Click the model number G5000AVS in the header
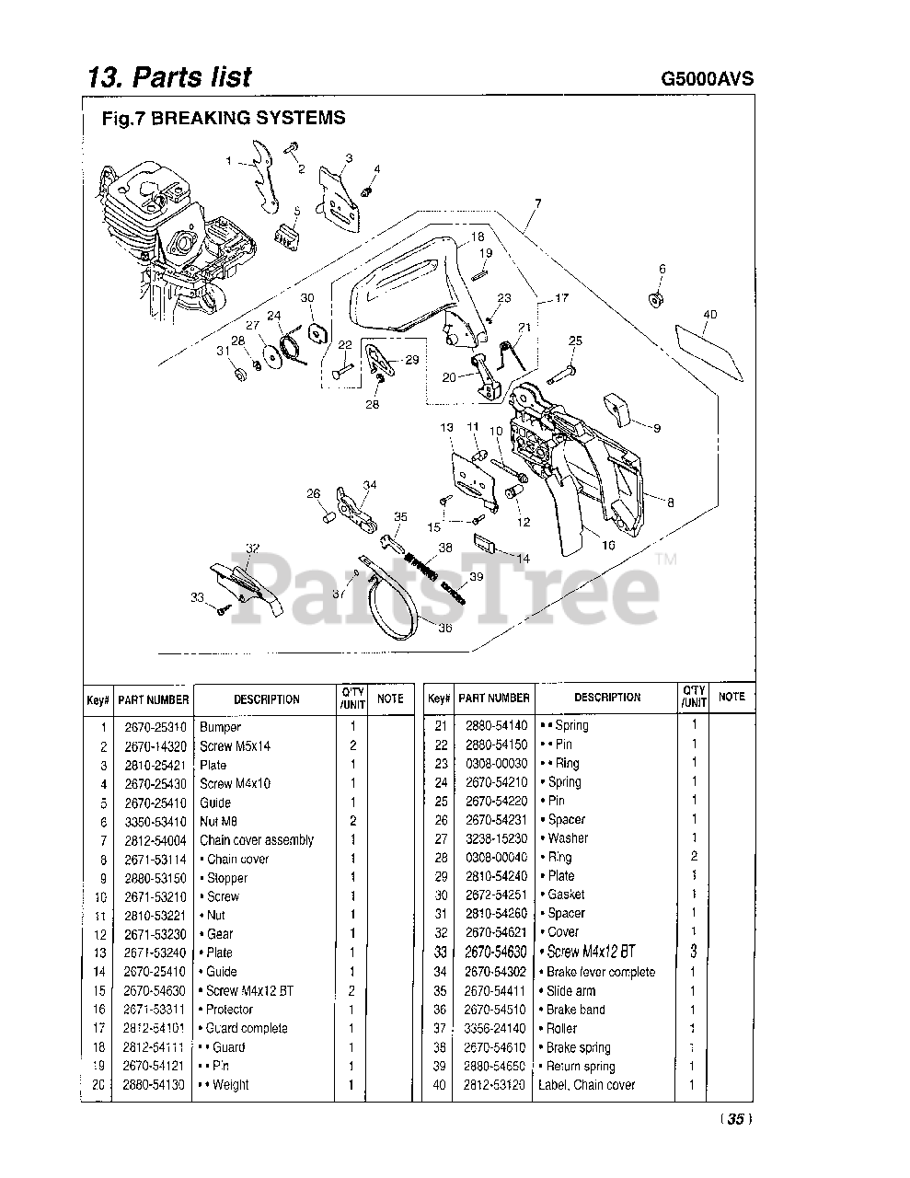[707, 78]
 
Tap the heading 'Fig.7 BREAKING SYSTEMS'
[224, 118]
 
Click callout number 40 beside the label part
[708, 315]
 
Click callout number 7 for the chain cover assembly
[537, 203]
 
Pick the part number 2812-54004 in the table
[154, 840]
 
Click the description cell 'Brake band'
[575, 1010]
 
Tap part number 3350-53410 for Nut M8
[154, 822]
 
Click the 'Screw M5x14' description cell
[235, 746]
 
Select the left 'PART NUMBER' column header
[154, 699]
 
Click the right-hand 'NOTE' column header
[731, 697]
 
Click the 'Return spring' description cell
[581, 1067]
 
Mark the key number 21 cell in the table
[440, 725]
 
